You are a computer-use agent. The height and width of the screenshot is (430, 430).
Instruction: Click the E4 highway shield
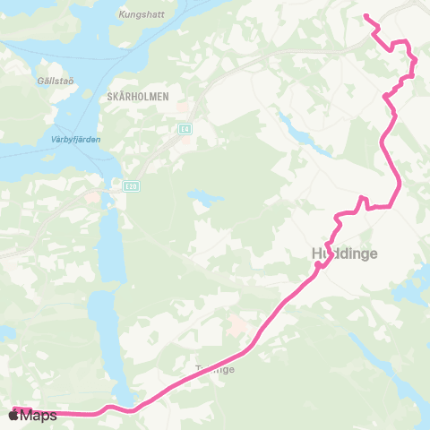[185, 130]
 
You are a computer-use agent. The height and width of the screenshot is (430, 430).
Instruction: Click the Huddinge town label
[345, 254]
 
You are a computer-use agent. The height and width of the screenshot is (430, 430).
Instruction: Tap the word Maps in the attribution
[39, 416]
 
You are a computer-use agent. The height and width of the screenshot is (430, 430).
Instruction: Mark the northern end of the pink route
[365, 15]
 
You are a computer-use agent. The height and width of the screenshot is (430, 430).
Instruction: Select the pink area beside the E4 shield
[183, 113]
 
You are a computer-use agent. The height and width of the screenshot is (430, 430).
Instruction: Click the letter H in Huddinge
[317, 254]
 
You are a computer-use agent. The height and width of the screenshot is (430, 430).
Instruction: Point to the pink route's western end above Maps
[14, 408]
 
